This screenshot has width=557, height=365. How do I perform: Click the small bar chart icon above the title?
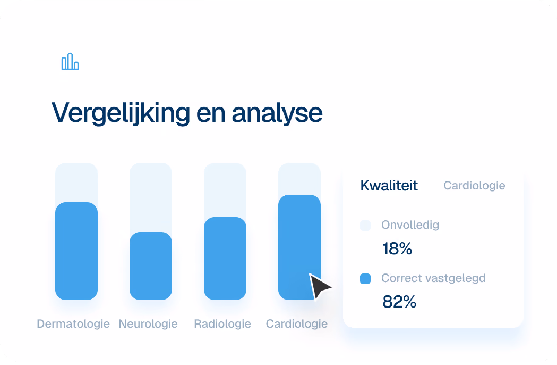click(x=70, y=61)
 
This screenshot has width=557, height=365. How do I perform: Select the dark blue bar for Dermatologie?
click(x=76, y=251)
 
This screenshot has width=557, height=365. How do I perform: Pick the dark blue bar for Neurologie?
click(x=151, y=266)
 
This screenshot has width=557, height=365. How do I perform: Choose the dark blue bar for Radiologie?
click(x=225, y=259)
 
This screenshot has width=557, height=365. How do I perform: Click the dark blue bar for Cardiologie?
click(x=299, y=247)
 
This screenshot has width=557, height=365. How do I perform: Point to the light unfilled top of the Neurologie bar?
click(x=151, y=197)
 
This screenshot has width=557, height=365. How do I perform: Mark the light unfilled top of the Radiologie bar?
click(x=225, y=190)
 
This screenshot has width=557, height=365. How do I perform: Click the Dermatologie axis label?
click(x=73, y=323)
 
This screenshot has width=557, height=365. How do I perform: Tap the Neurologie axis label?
click(x=148, y=323)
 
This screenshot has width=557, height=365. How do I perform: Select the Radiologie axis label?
click(x=222, y=323)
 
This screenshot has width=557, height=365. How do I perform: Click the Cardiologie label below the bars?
click(x=297, y=323)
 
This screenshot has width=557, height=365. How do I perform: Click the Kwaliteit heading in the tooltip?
click(x=389, y=186)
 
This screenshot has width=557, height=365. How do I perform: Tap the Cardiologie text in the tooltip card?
click(x=474, y=186)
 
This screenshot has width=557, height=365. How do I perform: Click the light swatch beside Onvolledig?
click(x=365, y=226)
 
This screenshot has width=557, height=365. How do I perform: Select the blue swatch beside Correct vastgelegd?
click(x=365, y=279)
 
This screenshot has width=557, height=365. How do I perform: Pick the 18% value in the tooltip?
click(x=397, y=248)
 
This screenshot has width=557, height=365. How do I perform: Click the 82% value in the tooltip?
click(x=399, y=302)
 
